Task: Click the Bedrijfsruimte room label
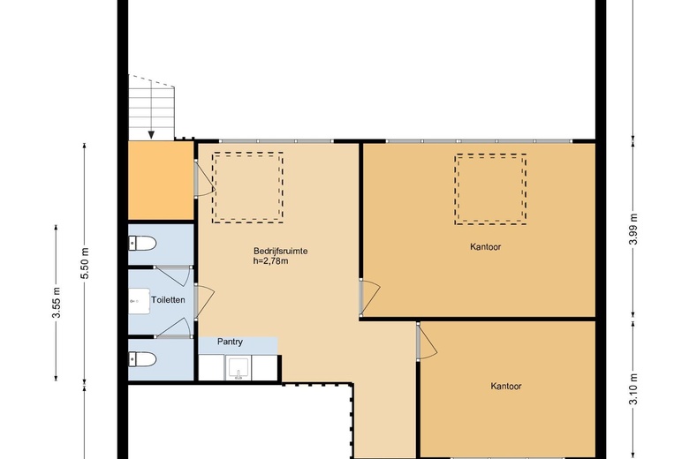pyautogui.click(x=280, y=252)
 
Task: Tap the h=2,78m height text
pyautogui.click(x=270, y=261)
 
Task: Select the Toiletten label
pyautogui.click(x=168, y=300)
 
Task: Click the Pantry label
pyautogui.click(x=230, y=342)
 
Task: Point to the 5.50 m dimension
pyautogui.click(x=85, y=263)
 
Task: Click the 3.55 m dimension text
pyautogui.click(x=56, y=302)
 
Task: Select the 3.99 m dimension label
pyautogui.click(x=632, y=229)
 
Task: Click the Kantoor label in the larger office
pyautogui.click(x=486, y=247)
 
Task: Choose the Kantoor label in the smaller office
pyautogui.click(x=506, y=387)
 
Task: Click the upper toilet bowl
pyautogui.click(x=142, y=243)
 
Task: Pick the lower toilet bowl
pyautogui.click(x=142, y=360)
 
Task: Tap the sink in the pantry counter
pyautogui.click(x=238, y=368)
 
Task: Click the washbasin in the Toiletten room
pyautogui.click(x=139, y=301)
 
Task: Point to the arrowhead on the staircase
pyautogui.click(x=151, y=134)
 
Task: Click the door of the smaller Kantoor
pyautogui.click(x=428, y=342)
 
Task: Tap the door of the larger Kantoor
pyautogui.click(x=369, y=297)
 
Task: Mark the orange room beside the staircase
pyautogui.click(x=161, y=181)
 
